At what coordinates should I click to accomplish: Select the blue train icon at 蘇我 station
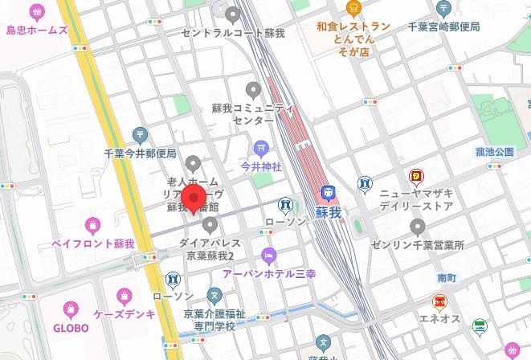pos(328,194)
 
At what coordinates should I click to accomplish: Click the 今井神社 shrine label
pos(261,166)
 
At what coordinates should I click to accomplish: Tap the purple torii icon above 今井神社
pos(261,148)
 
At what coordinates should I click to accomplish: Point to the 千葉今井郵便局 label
pos(140,153)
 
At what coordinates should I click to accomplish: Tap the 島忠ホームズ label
pos(35,31)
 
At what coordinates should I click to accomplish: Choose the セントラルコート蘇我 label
pos(233,33)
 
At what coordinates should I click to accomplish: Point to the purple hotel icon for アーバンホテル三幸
pos(268,256)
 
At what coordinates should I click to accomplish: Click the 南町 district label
pos(447,276)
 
